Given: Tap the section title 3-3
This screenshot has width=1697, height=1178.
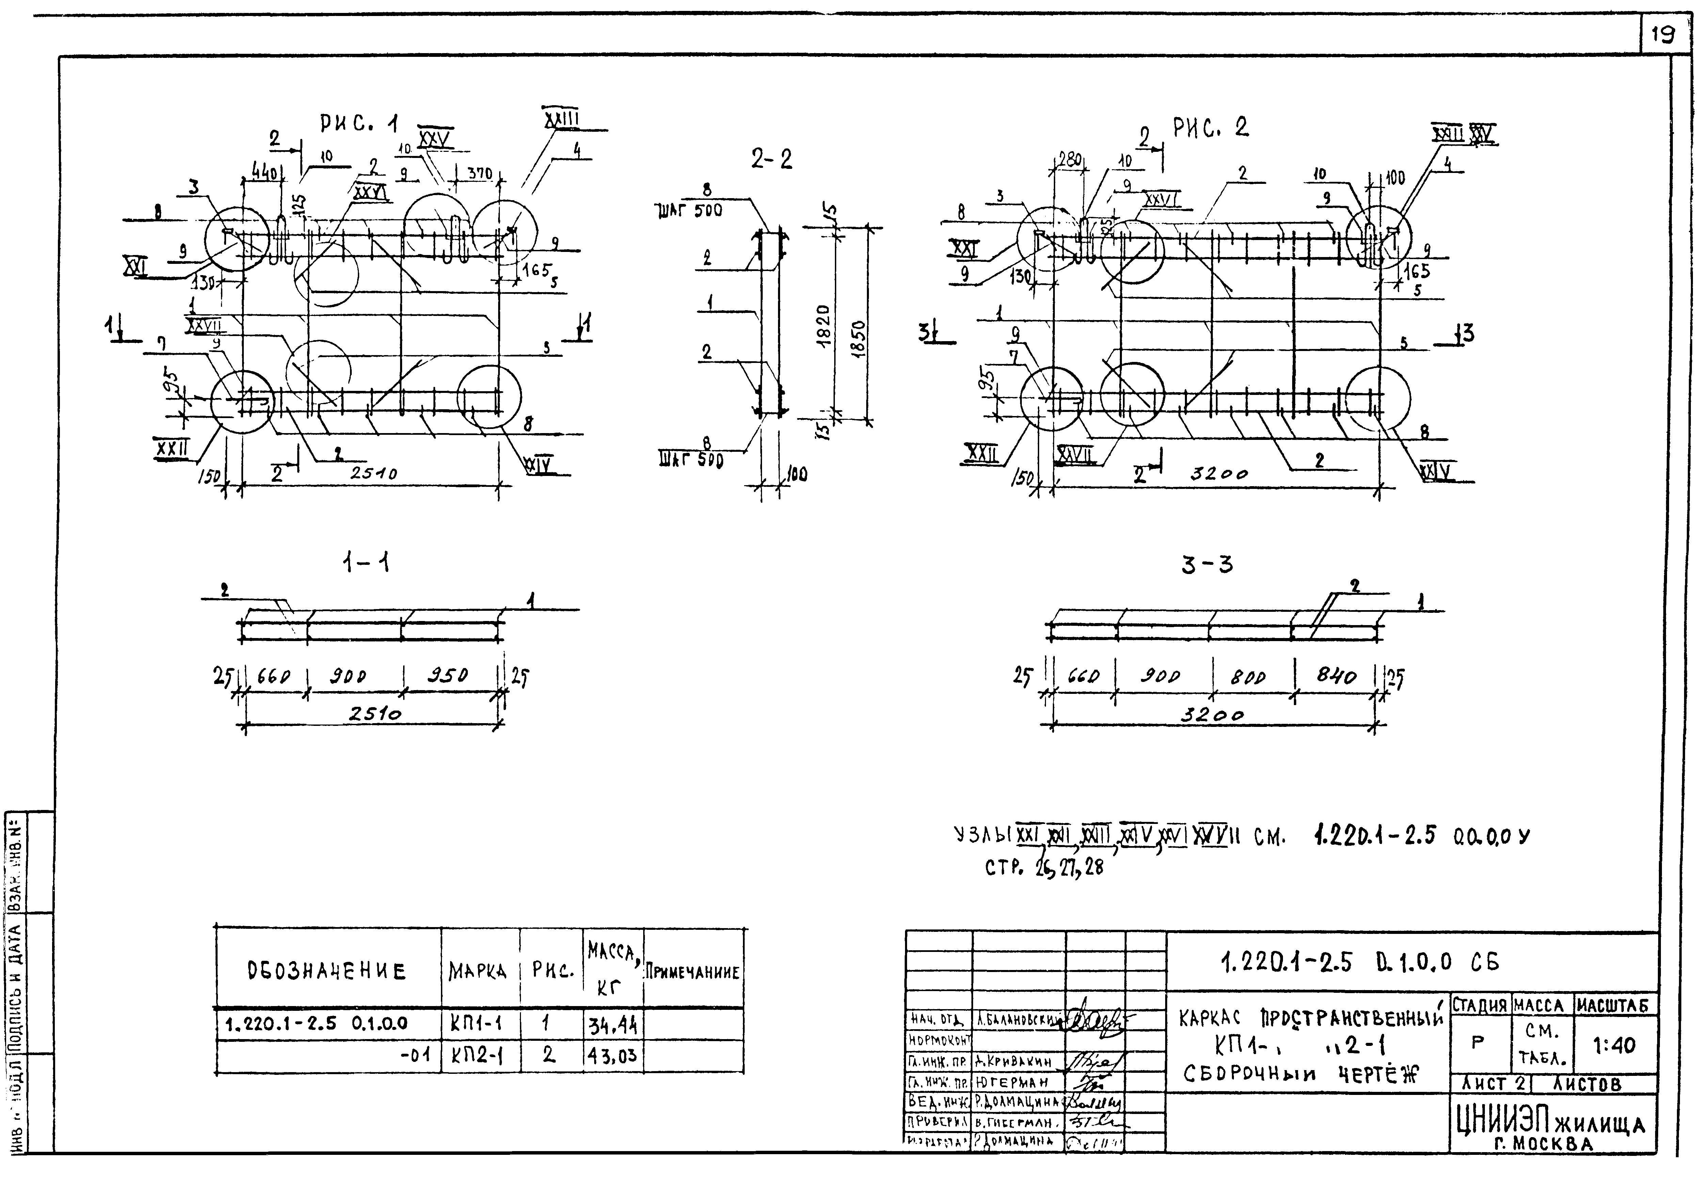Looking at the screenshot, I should (1207, 566).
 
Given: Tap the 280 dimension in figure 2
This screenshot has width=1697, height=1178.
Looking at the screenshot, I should (1068, 159).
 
